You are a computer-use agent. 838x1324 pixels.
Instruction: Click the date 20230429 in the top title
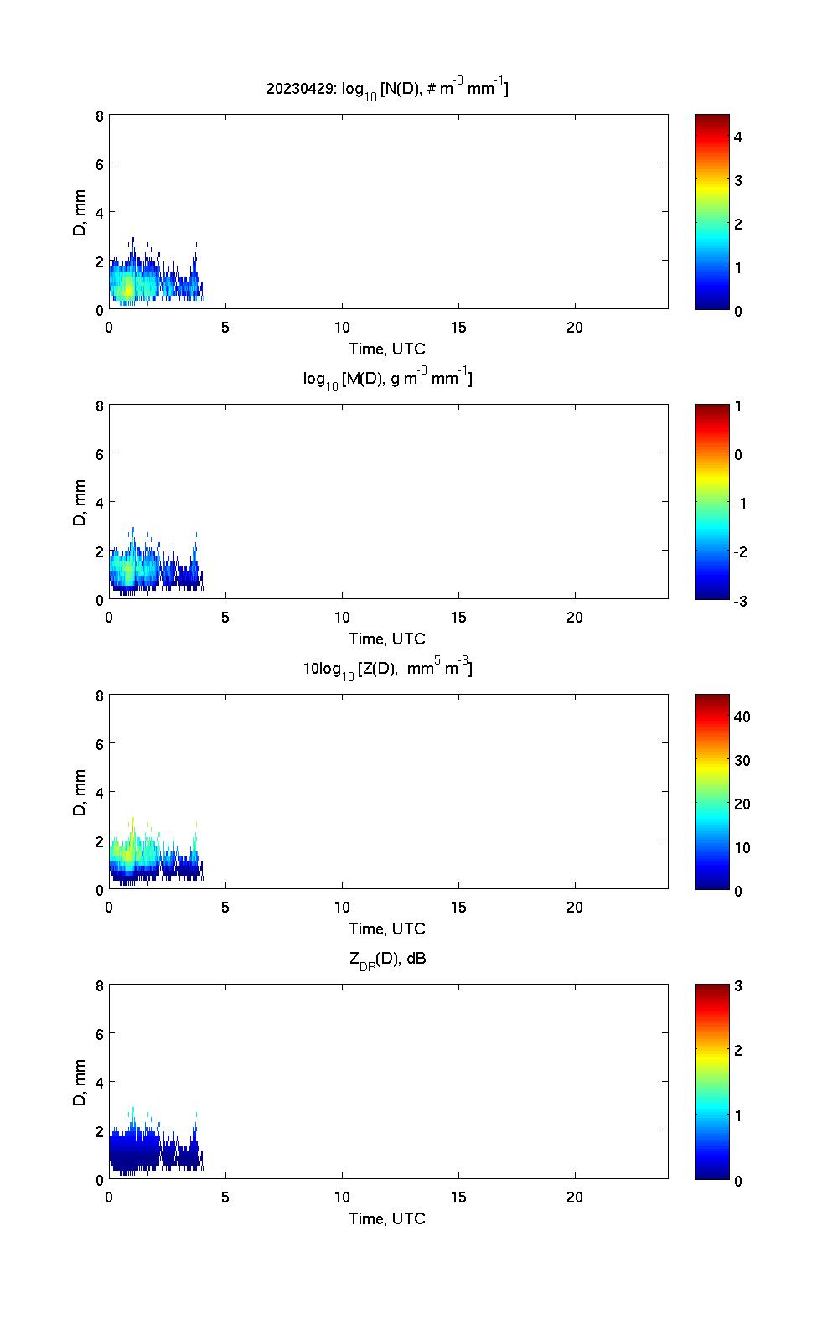(297, 88)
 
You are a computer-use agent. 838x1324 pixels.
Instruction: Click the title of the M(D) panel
(387, 379)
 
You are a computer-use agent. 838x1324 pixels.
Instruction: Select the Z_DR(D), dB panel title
(387, 959)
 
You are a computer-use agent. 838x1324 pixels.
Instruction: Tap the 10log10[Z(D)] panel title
(387, 669)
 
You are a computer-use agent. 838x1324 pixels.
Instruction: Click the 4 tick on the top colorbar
(738, 137)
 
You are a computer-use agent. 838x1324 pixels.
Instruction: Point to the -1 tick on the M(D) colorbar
(738, 503)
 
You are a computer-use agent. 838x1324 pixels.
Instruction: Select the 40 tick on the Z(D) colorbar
(742, 716)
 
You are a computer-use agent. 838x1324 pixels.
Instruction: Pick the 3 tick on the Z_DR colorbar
(738, 986)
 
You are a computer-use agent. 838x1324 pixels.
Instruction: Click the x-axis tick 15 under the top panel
(458, 328)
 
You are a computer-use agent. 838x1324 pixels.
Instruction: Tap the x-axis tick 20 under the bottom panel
(575, 1197)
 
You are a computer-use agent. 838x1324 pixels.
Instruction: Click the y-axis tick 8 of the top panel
(100, 116)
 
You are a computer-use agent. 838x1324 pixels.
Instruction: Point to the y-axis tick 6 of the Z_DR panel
(100, 1034)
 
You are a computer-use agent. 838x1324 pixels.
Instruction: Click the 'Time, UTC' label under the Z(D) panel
(387, 928)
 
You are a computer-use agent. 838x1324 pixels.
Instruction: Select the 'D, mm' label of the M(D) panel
(80, 502)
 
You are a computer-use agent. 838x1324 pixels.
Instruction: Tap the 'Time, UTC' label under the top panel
(387, 349)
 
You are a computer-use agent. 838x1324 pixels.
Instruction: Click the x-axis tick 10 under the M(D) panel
(342, 618)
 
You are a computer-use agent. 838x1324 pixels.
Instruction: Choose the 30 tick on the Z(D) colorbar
(742, 760)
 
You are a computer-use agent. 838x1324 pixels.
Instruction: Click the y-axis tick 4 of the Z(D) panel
(100, 792)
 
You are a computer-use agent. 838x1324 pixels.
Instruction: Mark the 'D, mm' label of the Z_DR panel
(80, 1082)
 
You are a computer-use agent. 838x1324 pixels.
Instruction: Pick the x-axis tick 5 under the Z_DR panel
(225, 1197)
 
